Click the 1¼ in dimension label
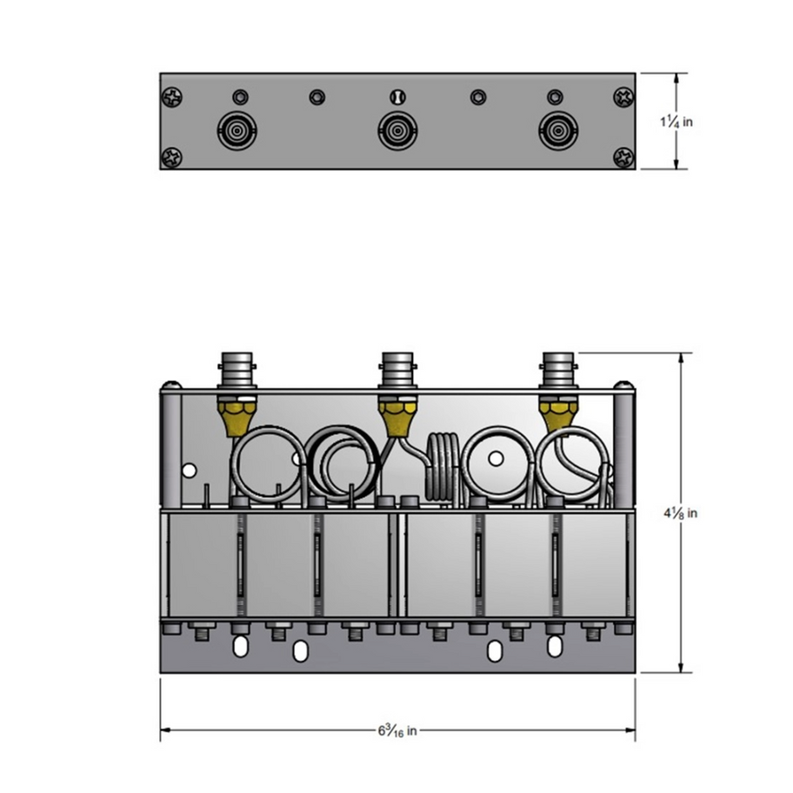(x=676, y=122)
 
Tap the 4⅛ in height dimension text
(x=680, y=513)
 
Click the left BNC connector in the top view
(x=235, y=131)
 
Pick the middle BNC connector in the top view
(x=396, y=132)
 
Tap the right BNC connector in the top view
(x=556, y=131)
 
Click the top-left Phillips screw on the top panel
(x=172, y=97)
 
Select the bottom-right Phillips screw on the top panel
(x=623, y=157)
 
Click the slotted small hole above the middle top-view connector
(x=397, y=97)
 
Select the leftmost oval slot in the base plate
(x=239, y=646)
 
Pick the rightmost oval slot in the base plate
(x=554, y=646)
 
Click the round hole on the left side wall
(x=189, y=470)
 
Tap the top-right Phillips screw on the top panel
(x=623, y=97)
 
